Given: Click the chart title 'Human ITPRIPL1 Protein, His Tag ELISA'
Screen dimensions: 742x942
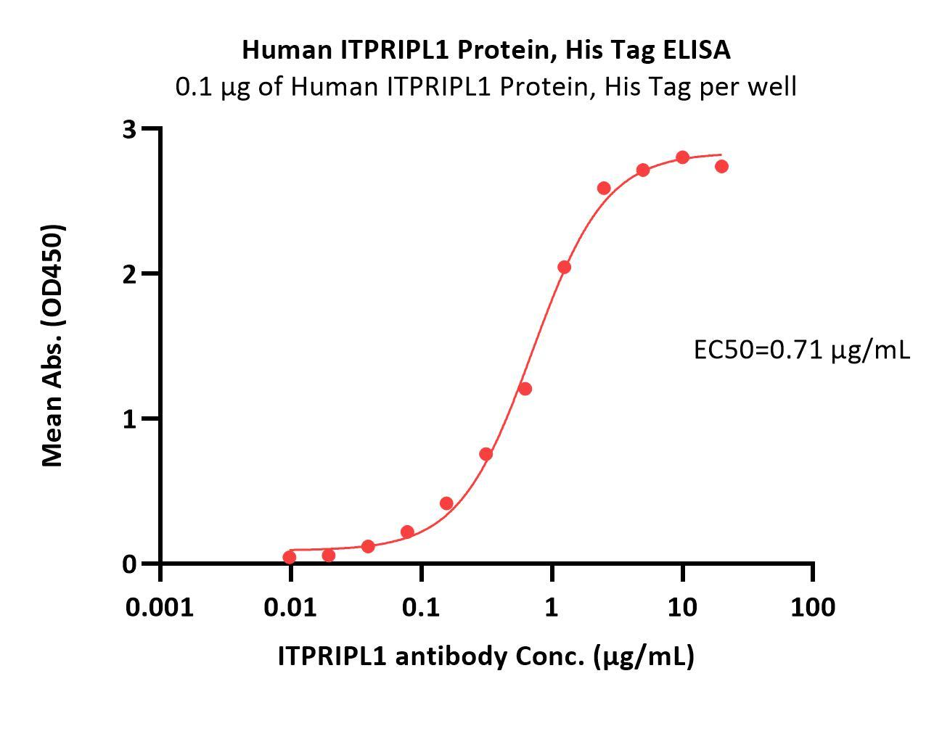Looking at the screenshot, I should coord(486,50).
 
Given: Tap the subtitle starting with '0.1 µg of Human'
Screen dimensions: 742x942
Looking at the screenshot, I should coord(486,87).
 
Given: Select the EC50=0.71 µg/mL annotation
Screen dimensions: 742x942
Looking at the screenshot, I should coord(801,350).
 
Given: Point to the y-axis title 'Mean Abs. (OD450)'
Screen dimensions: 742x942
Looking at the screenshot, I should coord(53,345).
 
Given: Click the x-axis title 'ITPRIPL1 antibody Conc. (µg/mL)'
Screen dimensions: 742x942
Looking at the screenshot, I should coord(486,656).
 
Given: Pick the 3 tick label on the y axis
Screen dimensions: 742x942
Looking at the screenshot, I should coord(130,129).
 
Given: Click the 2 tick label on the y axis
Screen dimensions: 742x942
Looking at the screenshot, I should coord(130,274).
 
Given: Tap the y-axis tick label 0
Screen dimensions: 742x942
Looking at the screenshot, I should coord(130,564).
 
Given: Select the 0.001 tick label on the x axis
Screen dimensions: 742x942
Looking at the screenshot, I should coord(160,606).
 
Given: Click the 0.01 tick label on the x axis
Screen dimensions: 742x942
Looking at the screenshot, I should coord(290,606).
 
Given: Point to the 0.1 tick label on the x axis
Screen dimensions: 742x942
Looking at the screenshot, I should coord(421,606).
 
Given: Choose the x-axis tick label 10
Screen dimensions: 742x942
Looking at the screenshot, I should coord(682,606).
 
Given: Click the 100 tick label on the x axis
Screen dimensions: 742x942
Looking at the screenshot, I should coord(813,606).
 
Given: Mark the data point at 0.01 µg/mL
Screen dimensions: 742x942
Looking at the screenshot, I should coord(290,557).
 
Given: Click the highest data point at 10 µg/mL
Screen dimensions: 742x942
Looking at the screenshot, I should coord(682,157).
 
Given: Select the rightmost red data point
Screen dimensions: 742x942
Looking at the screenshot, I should coord(721,166).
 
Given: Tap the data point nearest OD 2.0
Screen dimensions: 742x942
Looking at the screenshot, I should coord(564,267).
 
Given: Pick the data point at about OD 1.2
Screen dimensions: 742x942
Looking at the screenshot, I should coord(525,389).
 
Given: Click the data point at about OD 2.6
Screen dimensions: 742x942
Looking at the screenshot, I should coord(604,188).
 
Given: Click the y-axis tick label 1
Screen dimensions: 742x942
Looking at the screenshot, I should coord(130,419).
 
